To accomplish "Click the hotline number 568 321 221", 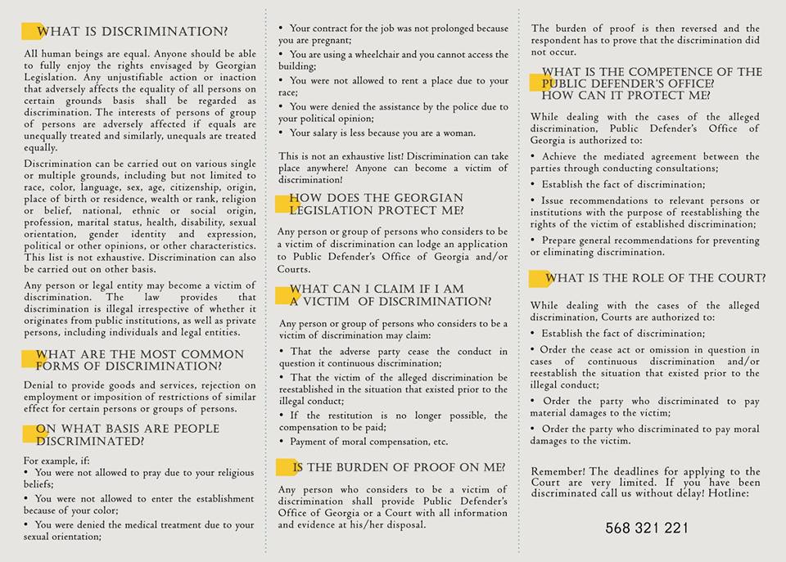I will pyautogui.click(x=647, y=528).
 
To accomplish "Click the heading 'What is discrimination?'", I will pyautogui.click(x=132, y=32).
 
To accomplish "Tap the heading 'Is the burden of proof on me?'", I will pyautogui.click(x=399, y=468).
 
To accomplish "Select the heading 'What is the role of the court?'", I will pyautogui.click(x=656, y=279).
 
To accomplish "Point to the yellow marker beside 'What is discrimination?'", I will pyautogui.click(x=32, y=32).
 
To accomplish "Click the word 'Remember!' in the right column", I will pyautogui.click(x=558, y=472).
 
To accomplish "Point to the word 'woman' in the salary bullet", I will pyautogui.click(x=457, y=133).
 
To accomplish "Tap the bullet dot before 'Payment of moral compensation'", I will pyautogui.click(x=282, y=442).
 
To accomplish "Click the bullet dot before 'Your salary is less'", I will pyautogui.click(x=282, y=133).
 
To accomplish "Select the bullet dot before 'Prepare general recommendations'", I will pyautogui.click(x=534, y=241).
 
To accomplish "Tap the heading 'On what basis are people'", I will pyautogui.click(x=128, y=429).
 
